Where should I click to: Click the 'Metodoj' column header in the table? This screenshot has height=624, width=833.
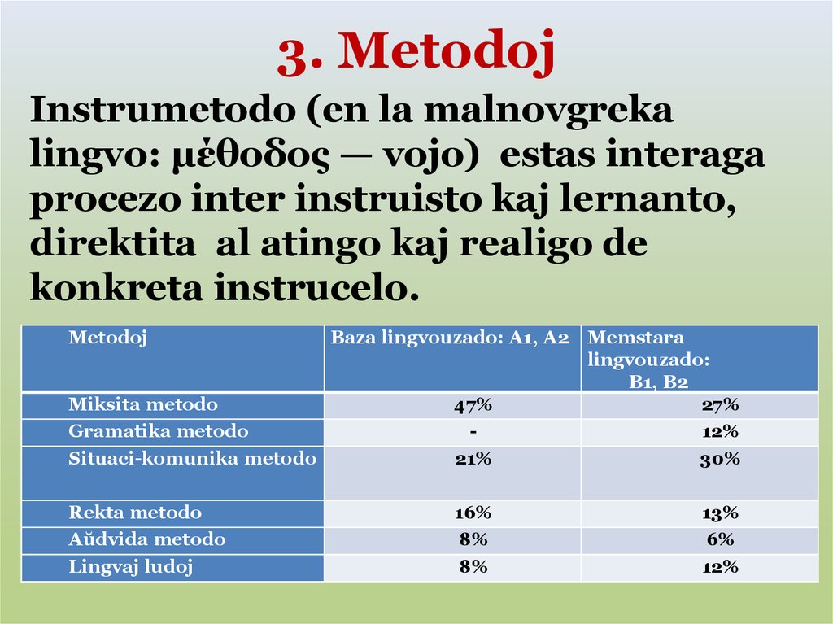coord(107,338)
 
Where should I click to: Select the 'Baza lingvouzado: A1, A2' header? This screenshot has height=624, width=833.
coord(449,338)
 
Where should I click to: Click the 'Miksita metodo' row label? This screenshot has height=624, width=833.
coord(143,404)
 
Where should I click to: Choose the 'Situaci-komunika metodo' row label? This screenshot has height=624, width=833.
coord(192,459)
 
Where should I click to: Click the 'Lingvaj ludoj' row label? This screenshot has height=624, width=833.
coord(130,567)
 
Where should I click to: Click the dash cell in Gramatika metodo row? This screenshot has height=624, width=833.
coord(473,431)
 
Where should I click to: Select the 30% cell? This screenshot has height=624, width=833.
coord(719,459)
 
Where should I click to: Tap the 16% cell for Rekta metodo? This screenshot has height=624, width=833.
coord(473,513)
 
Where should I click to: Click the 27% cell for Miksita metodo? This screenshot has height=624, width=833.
coord(719,405)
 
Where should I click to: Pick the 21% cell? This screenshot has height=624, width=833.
coord(473,459)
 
